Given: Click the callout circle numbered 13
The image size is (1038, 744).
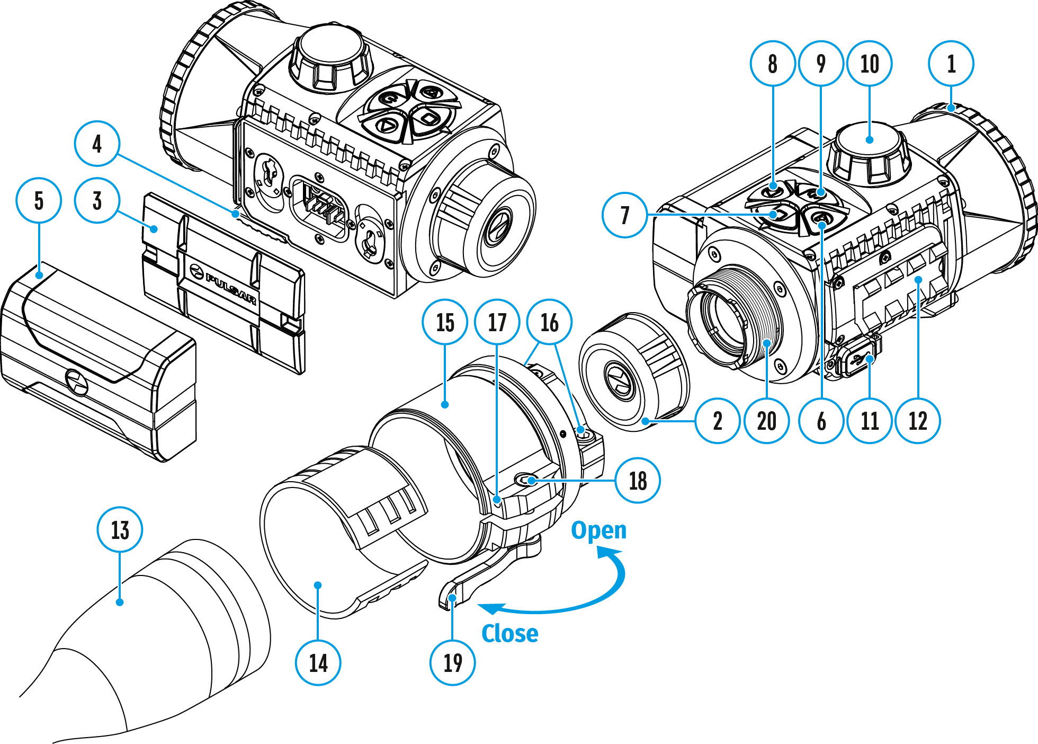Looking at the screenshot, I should pyautogui.click(x=120, y=529).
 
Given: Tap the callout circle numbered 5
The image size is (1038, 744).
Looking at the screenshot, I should pyautogui.click(x=39, y=201).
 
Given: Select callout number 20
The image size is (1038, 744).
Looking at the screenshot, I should pyautogui.click(x=766, y=421).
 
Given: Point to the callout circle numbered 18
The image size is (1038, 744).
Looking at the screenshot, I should pyautogui.click(x=638, y=481).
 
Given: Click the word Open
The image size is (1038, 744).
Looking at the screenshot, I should pyautogui.click(x=598, y=530).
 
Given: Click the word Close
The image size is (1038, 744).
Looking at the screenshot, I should pyautogui.click(x=509, y=633).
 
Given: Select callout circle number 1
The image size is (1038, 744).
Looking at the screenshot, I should pyautogui.click(x=951, y=64).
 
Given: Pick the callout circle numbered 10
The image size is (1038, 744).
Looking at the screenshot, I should pyautogui.click(x=870, y=64).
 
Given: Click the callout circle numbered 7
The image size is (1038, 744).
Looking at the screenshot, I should pyautogui.click(x=625, y=215).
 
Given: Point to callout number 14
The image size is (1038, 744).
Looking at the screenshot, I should pyautogui.click(x=318, y=662).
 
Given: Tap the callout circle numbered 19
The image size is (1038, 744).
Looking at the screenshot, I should pyautogui.click(x=452, y=662).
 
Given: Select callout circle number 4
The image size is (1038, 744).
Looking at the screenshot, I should pyautogui.click(x=97, y=144).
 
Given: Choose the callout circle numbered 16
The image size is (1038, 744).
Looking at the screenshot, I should pyautogui.click(x=549, y=322).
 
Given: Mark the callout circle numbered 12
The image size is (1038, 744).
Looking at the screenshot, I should pyautogui.click(x=918, y=421).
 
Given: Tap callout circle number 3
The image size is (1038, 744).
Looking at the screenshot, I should pyautogui.click(x=97, y=201).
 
